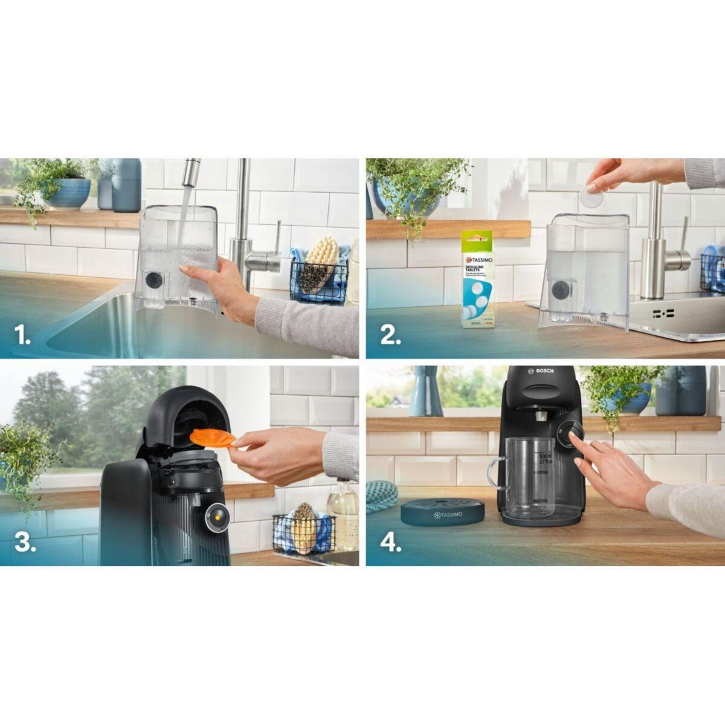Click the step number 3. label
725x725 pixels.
25,542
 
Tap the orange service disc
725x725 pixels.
211,437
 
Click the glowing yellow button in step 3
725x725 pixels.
216,518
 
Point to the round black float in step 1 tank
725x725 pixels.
155,281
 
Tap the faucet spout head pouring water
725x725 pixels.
191,172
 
